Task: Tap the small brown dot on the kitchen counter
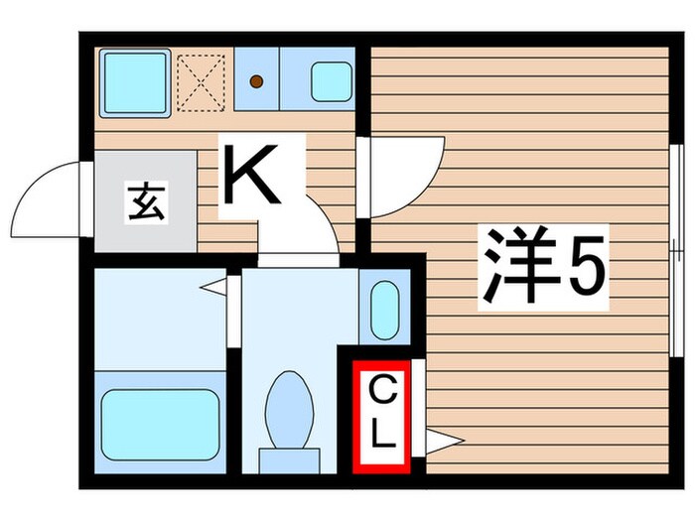coord(256,81)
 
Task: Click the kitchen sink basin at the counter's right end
coord(331,81)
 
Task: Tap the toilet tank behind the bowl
coord(290,461)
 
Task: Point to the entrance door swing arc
coord(48,194)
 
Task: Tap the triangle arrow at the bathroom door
coord(212,289)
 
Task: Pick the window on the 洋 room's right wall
coord(676,248)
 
